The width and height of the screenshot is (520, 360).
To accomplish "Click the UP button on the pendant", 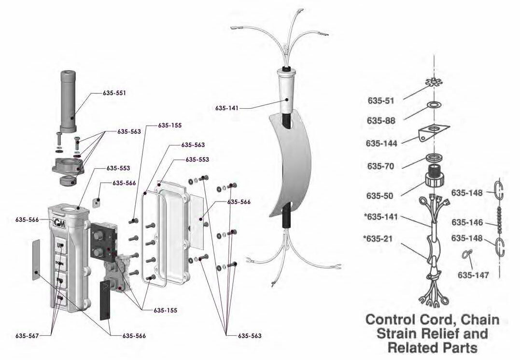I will (x=60, y=245).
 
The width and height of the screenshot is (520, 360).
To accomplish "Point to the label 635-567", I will (x=27, y=335).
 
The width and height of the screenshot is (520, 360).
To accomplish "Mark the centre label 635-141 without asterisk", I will (x=227, y=108).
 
